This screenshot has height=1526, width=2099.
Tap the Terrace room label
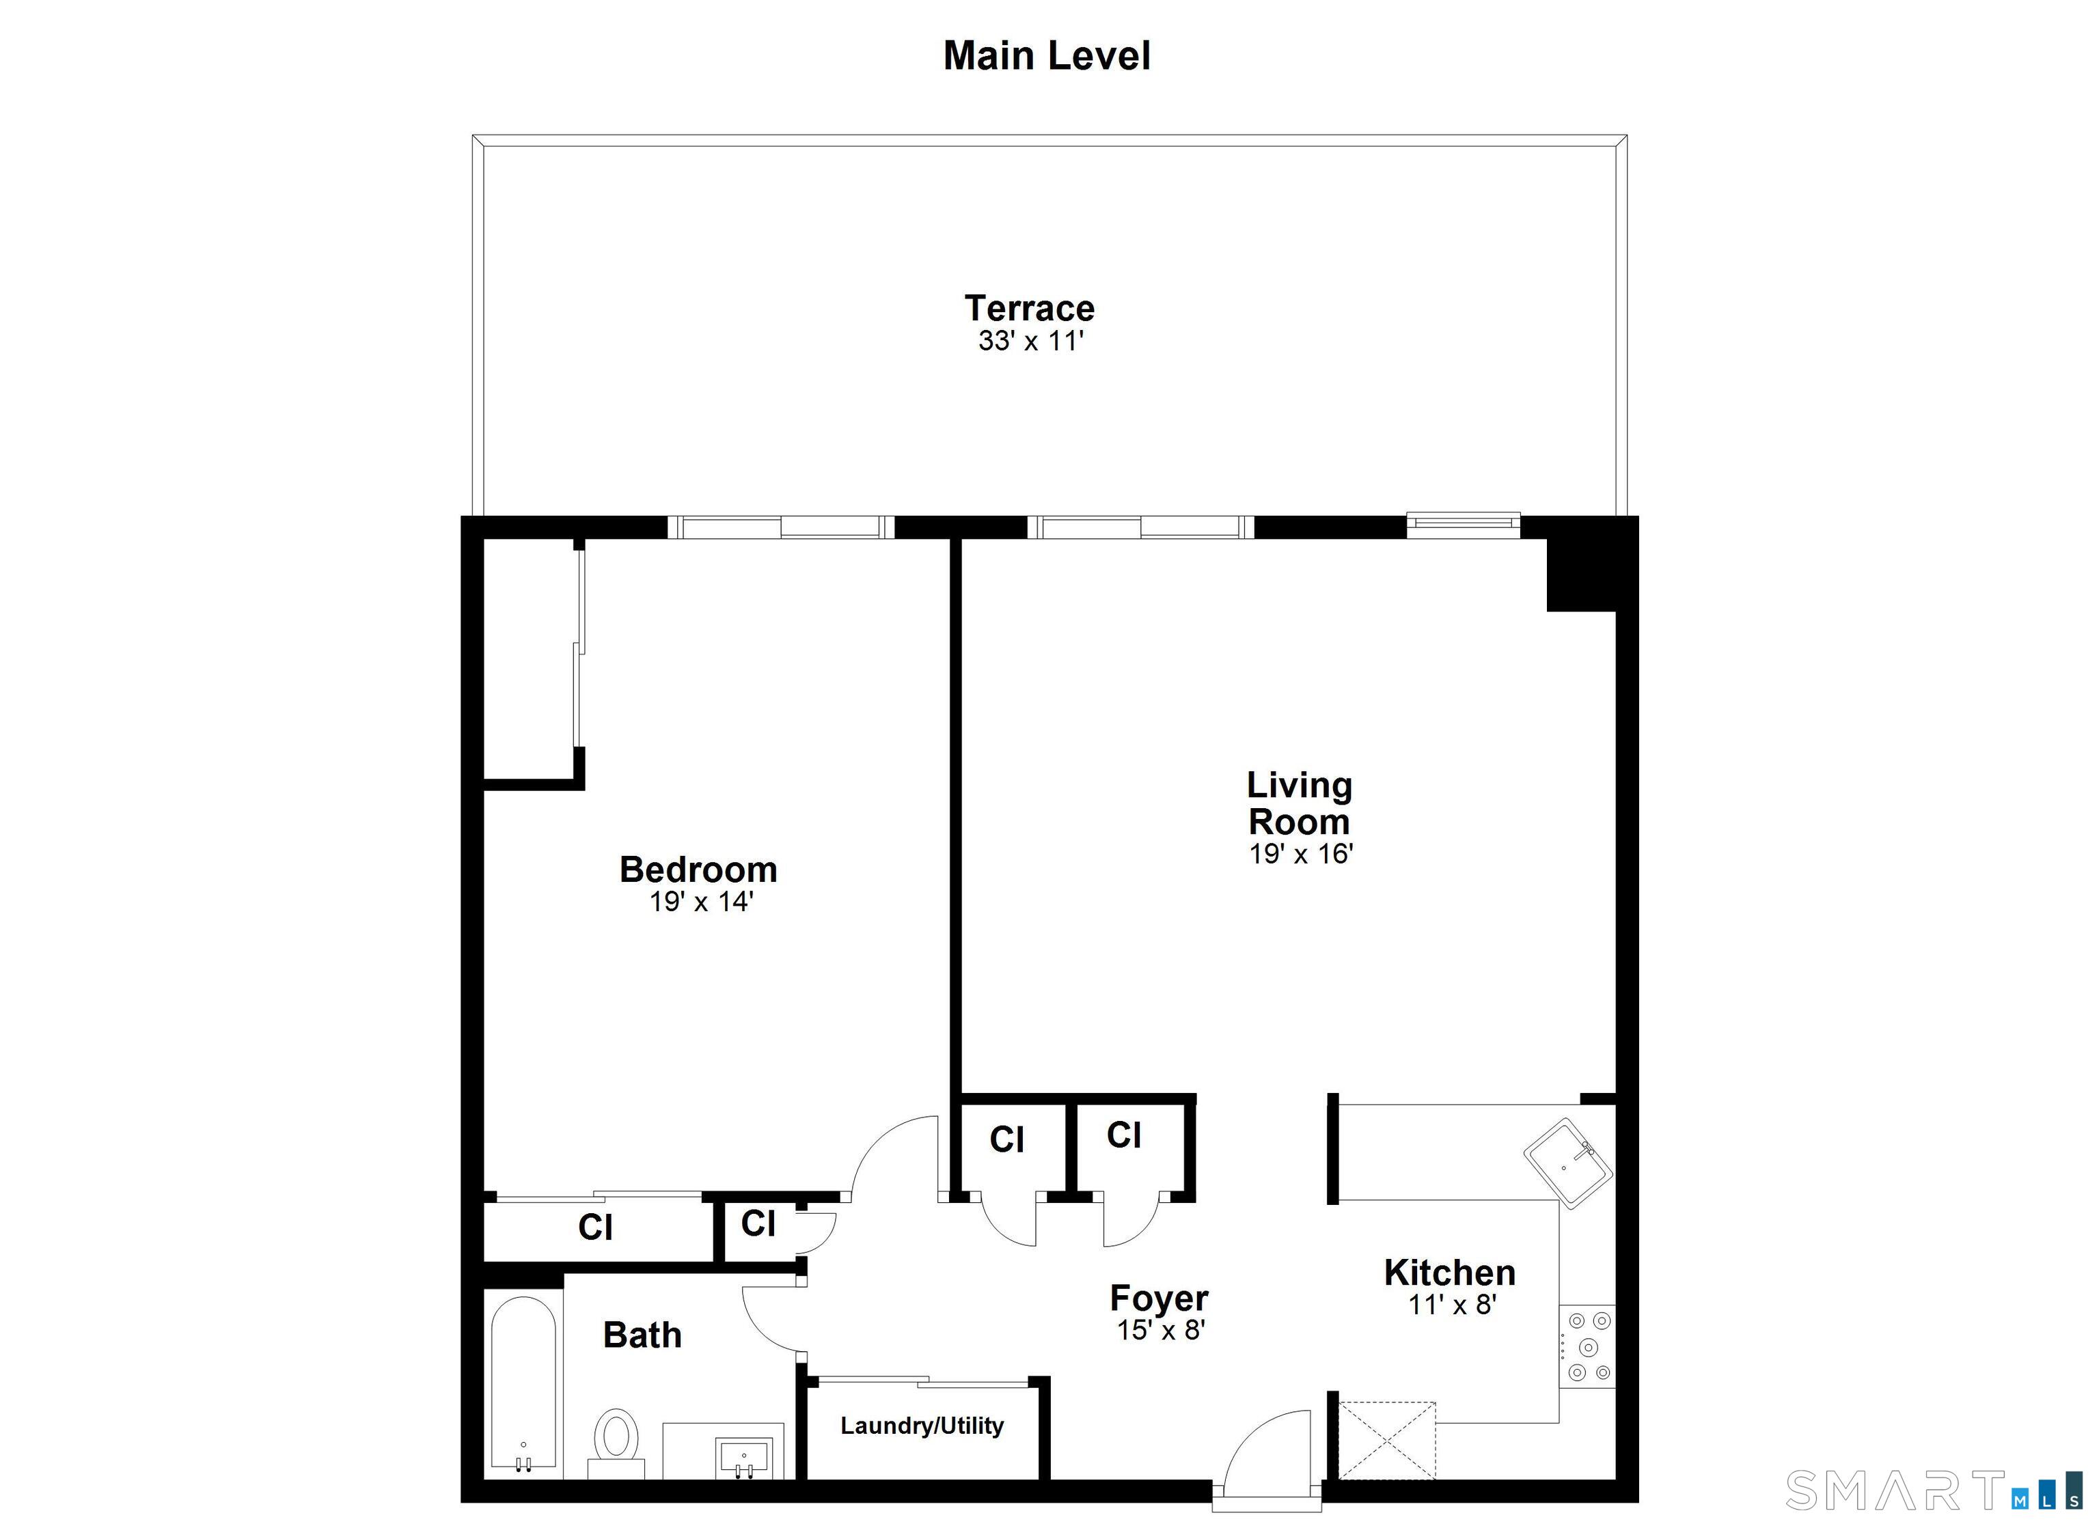point(1029,308)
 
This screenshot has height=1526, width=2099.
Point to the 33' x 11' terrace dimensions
point(1030,342)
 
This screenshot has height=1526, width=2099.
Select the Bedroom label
point(698,870)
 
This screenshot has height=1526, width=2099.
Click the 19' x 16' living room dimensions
point(1300,853)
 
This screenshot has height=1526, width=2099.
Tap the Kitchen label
point(1449,1273)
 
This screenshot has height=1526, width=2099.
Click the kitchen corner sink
point(1568,1161)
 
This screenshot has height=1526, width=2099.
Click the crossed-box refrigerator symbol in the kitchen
point(1386,1440)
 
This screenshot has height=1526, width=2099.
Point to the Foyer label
point(1159,1299)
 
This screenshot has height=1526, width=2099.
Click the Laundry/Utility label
point(922,1425)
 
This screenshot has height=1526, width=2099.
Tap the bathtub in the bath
point(523,1383)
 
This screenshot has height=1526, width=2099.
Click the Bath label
point(642,1335)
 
